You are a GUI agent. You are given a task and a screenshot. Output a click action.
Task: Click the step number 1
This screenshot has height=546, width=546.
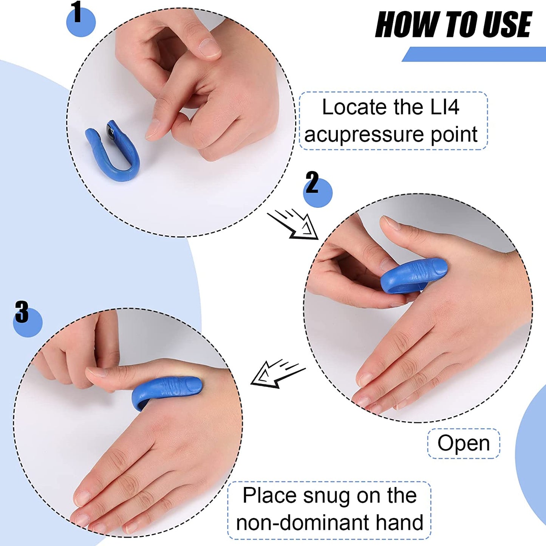point(77,12)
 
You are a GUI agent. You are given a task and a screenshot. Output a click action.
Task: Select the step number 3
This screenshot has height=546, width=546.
point(22,312)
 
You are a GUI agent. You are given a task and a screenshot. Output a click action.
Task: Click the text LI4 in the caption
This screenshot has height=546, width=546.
point(445,107)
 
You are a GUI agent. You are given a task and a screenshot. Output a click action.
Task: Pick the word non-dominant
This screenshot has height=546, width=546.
point(301,523)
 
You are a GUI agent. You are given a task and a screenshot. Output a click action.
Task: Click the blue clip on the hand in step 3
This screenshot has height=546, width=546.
point(166,391)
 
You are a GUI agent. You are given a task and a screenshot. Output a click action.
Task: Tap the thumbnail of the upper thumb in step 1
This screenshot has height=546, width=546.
point(209,48)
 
